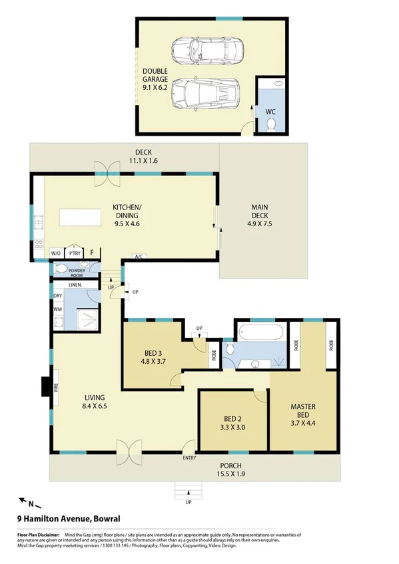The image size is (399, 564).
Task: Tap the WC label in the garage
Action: coord(270,112)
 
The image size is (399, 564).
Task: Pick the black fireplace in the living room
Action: coord(46,386)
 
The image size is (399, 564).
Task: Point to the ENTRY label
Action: coord(189,457)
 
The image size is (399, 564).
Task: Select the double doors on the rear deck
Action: coord(105,168)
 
